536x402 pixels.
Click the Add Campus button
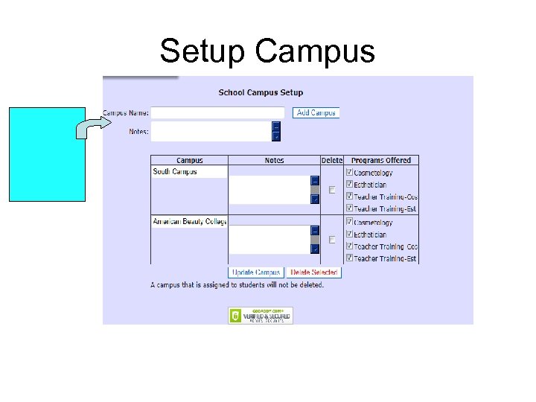(315, 113)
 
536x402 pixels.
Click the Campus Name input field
(217, 113)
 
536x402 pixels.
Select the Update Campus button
(256, 272)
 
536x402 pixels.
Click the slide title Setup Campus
(267, 51)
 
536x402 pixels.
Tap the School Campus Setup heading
(261, 93)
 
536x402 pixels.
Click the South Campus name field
(189, 172)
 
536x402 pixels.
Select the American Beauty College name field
(189, 222)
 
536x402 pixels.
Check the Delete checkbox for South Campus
(332, 190)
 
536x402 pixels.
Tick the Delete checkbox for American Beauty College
(332, 240)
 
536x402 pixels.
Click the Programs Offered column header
(380, 160)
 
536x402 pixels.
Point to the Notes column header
(274, 160)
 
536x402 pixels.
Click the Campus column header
(189, 160)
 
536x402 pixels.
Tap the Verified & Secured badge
(261, 316)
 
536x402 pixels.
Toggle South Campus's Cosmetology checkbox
(349, 173)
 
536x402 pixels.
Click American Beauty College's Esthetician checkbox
(349, 234)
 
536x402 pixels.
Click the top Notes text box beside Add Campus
(211, 132)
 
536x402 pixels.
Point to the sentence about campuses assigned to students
(237, 285)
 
